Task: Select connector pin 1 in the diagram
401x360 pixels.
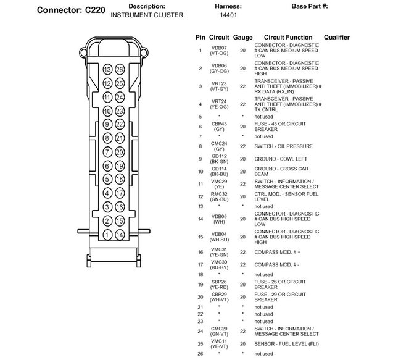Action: click(x=107, y=235)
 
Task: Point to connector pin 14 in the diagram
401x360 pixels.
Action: click(x=120, y=235)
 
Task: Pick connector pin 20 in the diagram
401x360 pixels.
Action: click(x=120, y=152)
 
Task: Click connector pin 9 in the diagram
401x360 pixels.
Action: click(x=107, y=124)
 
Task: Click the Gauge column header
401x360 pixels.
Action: click(x=242, y=38)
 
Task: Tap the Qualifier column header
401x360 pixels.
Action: click(x=336, y=38)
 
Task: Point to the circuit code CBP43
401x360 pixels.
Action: click(x=219, y=124)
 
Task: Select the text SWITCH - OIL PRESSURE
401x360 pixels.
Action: click(x=283, y=146)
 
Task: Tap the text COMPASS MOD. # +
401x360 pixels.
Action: click(x=278, y=252)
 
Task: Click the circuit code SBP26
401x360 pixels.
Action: click(x=219, y=282)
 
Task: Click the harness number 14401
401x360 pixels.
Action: click(x=220, y=15)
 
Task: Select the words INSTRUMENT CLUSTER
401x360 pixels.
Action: click(x=147, y=15)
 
